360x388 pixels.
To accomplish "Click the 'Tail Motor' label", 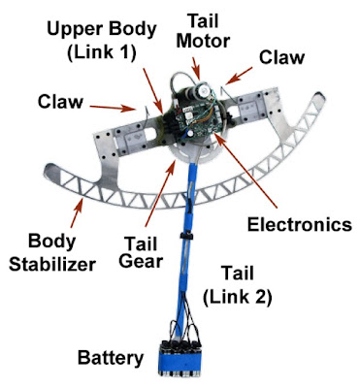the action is pyautogui.click(x=204, y=31).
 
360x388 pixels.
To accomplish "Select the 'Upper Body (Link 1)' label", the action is pyautogui.click(x=102, y=41).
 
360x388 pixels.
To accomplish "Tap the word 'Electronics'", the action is pyautogui.click(x=300, y=224).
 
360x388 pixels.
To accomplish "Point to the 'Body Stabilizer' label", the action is pyautogui.click(x=52, y=253).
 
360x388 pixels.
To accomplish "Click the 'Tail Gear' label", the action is pyautogui.click(x=141, y=252).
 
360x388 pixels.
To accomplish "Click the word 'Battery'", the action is pyautogui.click(x=111, y=358).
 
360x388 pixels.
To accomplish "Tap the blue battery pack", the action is pyautogui.click(x=178, y=359).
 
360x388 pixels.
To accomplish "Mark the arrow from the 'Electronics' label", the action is pyautogui.click(x=245, y=170).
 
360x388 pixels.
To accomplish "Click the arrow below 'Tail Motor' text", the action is pyautogui.click(x=196, y=68).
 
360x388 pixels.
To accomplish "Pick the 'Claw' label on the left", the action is pyautogui.click(x=60, y=102).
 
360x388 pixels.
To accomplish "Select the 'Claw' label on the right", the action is pyautogui.click(x=281, y=57).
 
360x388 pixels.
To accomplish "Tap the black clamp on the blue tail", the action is pyautogui.click(x=186, y=236).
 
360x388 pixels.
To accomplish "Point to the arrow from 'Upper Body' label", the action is pyautogui.click(x=152, y=90).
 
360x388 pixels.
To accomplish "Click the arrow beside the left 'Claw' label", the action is pyautogui.click(x=113, y=108).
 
